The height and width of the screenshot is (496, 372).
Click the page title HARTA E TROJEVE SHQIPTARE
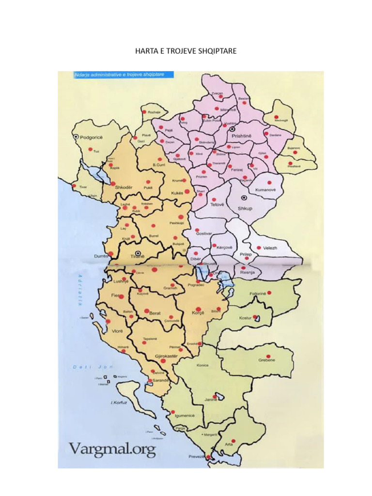[x=186, y=50]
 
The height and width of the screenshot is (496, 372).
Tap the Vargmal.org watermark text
[x=112, y=449]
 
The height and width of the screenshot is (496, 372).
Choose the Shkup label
[x=246, y=208]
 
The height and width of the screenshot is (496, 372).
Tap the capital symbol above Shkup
[x=244, y=198]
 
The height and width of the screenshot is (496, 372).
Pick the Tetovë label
[x=217, y=204]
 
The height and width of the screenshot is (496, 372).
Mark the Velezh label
[x=270, y=248]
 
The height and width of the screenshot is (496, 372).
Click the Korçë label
[x=197, y=313]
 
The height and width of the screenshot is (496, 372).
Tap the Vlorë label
[x=118, y=331]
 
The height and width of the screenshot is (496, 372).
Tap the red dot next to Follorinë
[x=269, y=293]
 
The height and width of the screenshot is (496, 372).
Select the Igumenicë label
[x=185, y=416]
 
